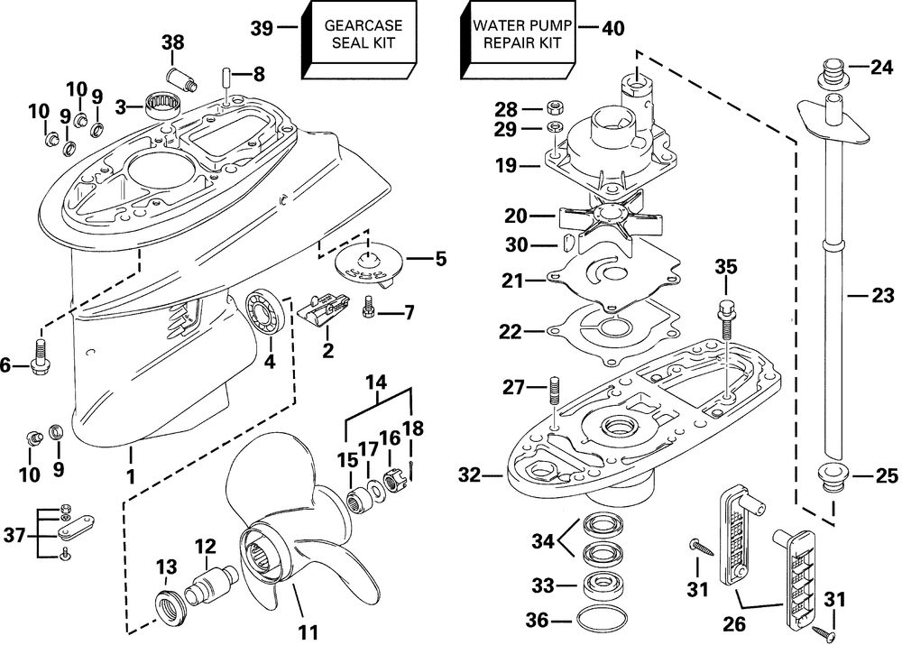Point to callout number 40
point(612,28)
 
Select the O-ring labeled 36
point(598,619)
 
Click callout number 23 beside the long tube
point(882,294)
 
